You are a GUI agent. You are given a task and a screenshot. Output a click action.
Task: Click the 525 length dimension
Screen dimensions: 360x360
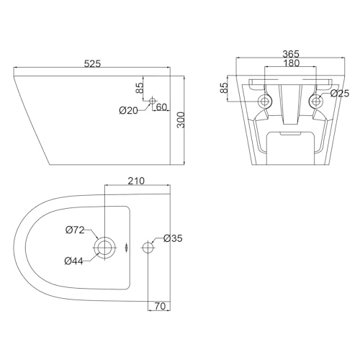click(91, 63)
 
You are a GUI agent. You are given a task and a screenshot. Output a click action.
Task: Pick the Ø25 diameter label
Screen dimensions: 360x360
click(340, 93)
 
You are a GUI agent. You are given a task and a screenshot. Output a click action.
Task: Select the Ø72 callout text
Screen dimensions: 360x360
click(76, 230)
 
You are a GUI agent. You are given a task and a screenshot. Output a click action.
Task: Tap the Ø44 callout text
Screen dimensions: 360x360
click(76, 261)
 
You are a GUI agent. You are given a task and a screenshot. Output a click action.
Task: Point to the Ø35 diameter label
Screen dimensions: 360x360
click(173, 238)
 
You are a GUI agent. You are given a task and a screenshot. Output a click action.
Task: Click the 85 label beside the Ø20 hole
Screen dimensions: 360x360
click(138, 90)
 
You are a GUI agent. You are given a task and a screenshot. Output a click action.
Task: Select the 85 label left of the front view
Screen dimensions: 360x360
click(225, 89)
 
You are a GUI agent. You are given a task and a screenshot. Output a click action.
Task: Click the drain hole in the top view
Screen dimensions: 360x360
click(105, 247)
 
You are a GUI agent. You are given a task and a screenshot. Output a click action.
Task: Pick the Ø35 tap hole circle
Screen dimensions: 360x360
click(148, 247)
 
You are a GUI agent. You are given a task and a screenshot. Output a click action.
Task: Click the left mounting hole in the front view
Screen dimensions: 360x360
click(264, 101)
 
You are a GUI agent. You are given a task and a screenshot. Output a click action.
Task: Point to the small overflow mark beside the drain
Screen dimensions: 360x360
click(127, 247)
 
